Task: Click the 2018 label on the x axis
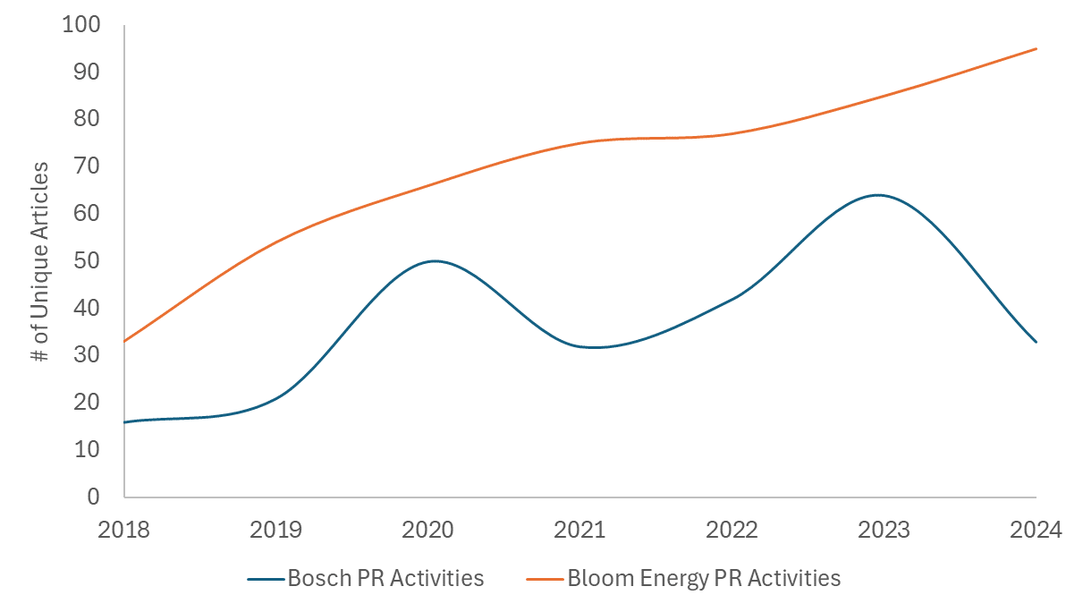(x=124, y=530)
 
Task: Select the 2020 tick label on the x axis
(x=428, y=530)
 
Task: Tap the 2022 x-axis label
(x=732, y=530)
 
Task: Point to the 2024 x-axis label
(x=1036, y=530)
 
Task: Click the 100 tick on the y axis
(x=81, y=24)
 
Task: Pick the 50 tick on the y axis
(x=88, y=260)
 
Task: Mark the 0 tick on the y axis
(x=93, y=497)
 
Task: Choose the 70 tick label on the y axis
(x=88, y=166)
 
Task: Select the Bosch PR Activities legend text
(x=385, y=578)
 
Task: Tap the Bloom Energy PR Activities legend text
(x=704, y=578)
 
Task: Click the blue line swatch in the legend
(x=265, y=579)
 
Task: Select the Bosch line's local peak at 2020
(x=434, y=261)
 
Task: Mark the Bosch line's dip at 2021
(x=590, y=347)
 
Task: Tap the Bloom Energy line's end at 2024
(x=1036, y=48)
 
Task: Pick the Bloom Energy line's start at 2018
(x=124, y=341)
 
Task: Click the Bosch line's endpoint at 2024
(x=1036, y=341)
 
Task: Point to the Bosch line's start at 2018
(x=124, y=421)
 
